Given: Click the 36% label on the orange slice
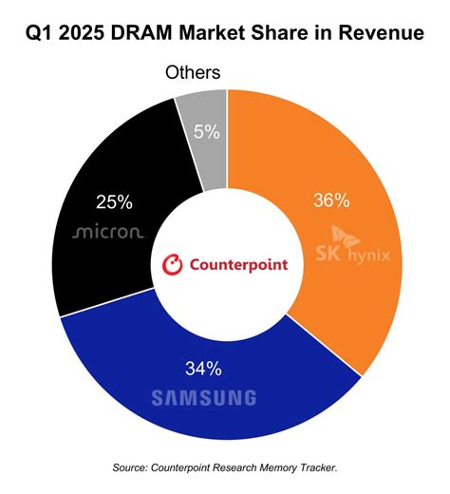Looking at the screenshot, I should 330,200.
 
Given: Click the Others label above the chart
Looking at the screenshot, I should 193,72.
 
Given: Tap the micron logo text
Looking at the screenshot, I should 108,231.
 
